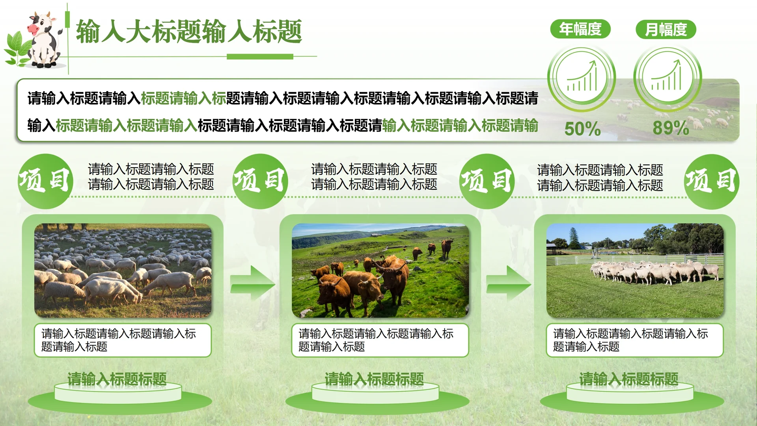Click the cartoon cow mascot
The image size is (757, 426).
pos(44,39)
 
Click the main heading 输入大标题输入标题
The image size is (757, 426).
pos(189,32)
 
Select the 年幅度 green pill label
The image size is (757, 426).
pos(580,29)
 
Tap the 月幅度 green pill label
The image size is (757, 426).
pos(666,30)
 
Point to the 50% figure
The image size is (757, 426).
pos(582,129)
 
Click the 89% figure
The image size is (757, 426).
pos(671,128)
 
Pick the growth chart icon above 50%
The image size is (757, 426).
pos(582,77)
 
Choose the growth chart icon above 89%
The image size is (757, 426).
pos(667,77)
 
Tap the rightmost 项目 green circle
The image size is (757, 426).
pos(711,181)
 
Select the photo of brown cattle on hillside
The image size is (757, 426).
pos(380,271)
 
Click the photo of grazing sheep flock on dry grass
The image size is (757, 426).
pos(123,271)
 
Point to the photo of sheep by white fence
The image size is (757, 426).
pos(635,271)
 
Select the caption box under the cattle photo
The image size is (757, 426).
pos(380,340)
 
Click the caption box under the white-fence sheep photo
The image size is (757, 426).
pos(635,340)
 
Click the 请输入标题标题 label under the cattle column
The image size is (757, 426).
pos(374,379)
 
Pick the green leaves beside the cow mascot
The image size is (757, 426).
pos(18,49)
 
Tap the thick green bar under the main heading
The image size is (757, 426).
pos(260,57)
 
